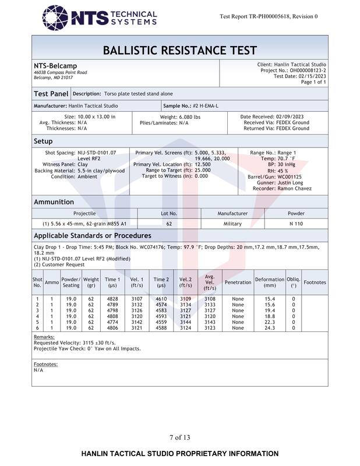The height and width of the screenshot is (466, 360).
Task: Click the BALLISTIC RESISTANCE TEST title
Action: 179,50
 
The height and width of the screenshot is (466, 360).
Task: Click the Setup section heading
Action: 43,141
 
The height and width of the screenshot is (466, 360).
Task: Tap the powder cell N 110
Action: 296,224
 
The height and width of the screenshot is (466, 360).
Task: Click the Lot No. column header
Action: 169,214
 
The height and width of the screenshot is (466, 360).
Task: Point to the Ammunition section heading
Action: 54,202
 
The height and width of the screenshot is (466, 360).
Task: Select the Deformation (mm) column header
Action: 270,282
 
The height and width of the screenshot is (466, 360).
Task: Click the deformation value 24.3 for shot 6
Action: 270,328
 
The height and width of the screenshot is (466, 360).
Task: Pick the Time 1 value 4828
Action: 112,299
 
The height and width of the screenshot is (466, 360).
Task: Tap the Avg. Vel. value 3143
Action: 210,322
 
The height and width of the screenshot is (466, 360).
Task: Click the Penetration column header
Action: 238,283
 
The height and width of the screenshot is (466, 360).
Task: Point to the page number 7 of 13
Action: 179,437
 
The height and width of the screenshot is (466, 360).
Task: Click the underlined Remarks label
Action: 44,337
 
